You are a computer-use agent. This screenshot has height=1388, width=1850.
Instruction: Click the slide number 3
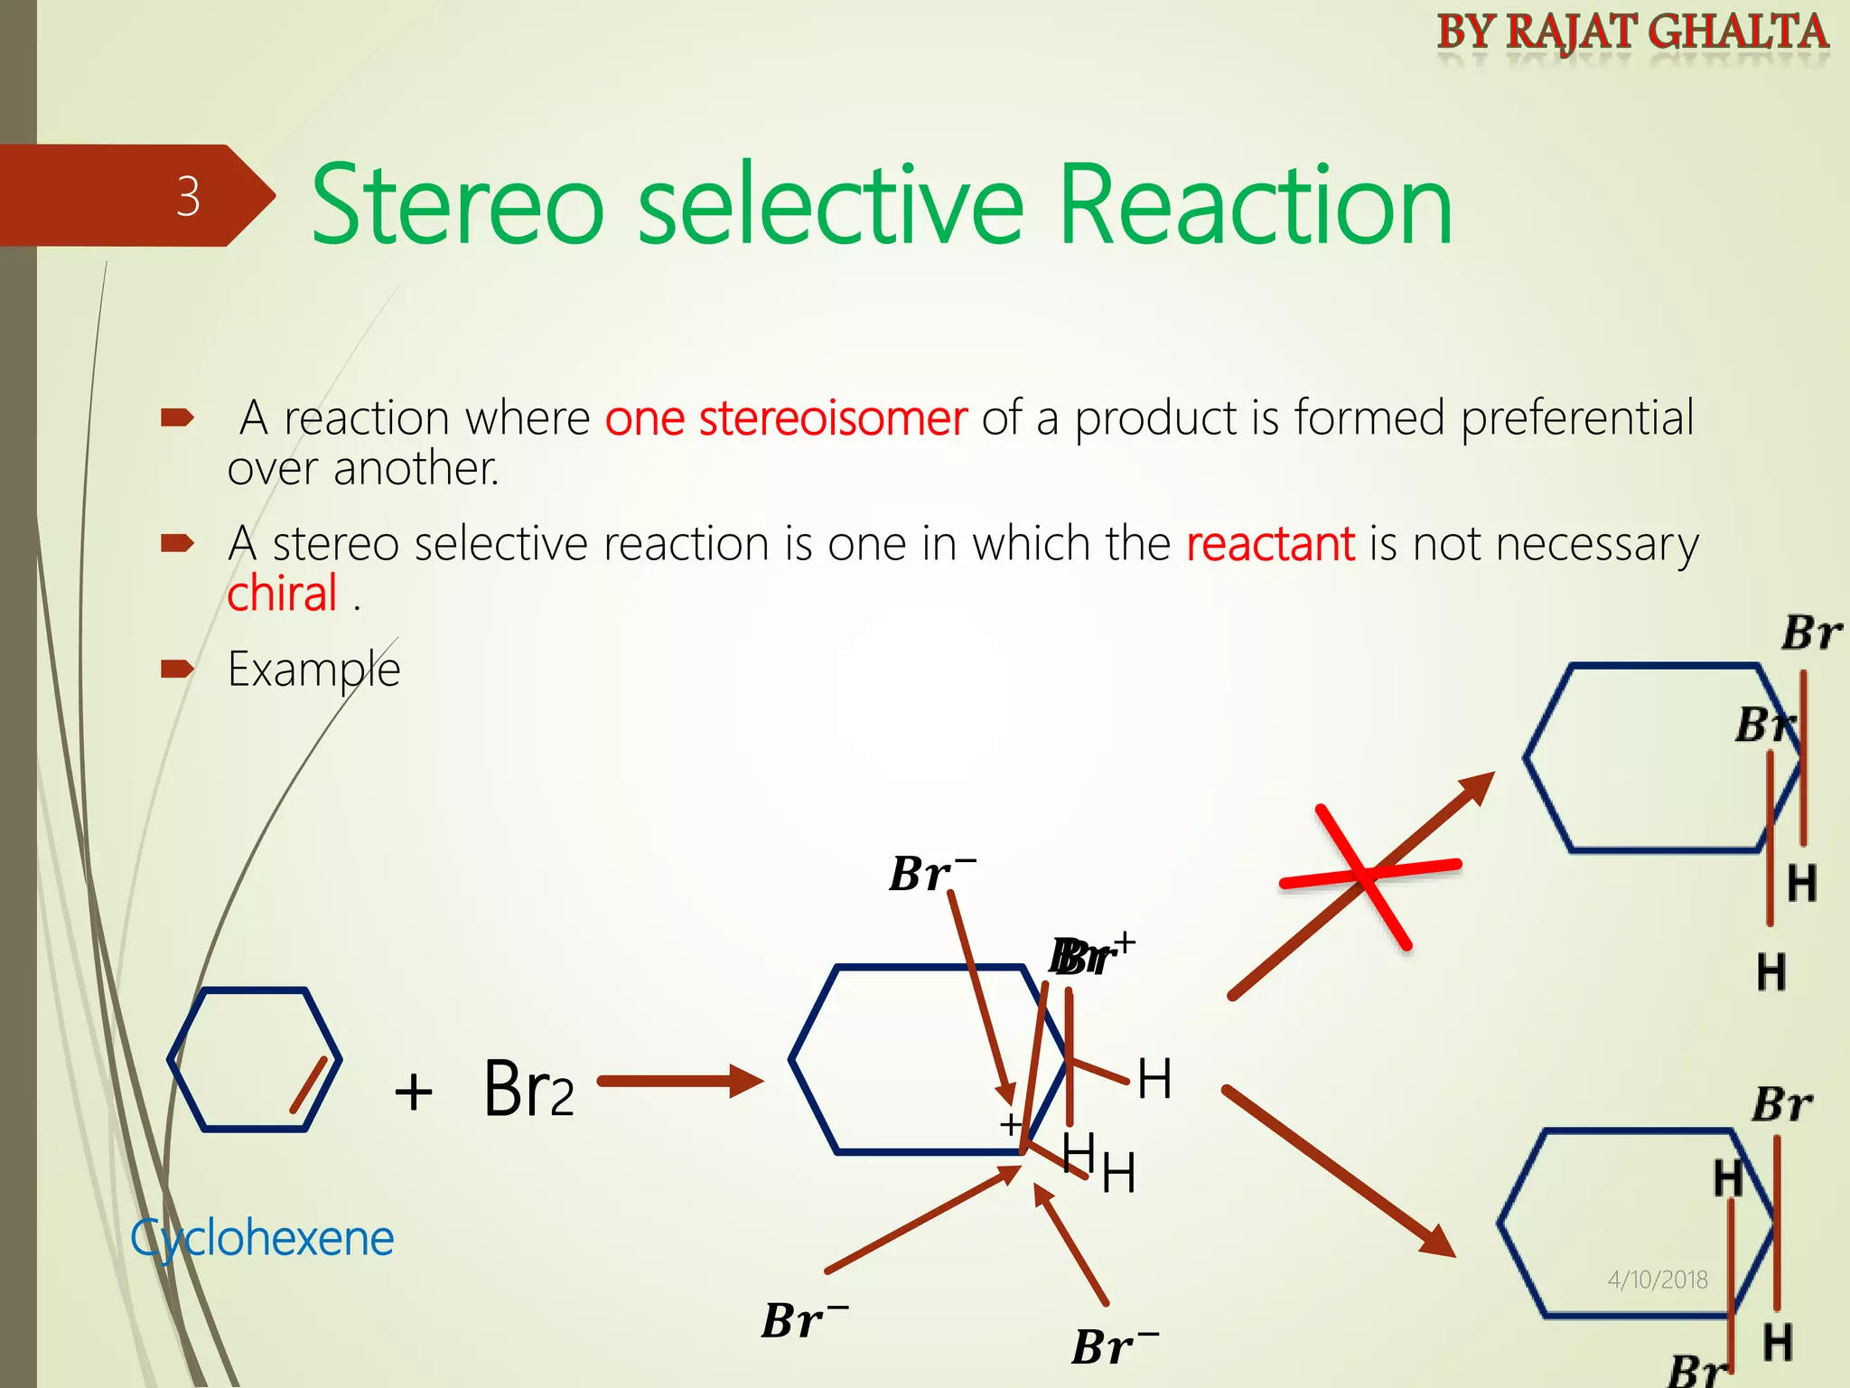pyautogui.click(x=188, y=196)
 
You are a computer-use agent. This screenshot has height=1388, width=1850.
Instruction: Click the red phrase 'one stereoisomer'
pyautogui.click(x=786, y=418)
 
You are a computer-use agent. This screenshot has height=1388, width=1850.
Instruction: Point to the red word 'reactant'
pyautogui.click(x=1270, y=544)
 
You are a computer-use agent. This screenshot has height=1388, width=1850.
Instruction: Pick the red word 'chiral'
pyautogui.click(x=282, y=595)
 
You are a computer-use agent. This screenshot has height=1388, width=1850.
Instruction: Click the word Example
pyautogui.click(x=313, y=670)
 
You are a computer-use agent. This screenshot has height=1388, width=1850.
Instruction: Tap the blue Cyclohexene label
pyautogui.click(x=262, y=1238)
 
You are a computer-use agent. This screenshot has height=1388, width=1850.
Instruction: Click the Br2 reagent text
pyautogui.click(x=528, y=1090)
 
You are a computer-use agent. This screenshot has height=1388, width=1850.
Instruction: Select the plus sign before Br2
pyautogui.click(x=414, y=1091)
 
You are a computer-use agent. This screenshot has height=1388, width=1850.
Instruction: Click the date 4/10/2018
pyautogui.click(x=1658, y=1280)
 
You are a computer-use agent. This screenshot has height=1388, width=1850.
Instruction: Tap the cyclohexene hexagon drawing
pyautogui.click(x=255, y=1059)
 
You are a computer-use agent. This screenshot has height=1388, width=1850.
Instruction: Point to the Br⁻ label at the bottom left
pyautogui.click(x=803, y=1320)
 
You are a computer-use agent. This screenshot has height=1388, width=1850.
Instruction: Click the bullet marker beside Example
pyautogui.click(x=177, y=670)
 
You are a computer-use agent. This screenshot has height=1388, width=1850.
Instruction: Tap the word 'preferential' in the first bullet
pyautogui.click(x=1576, y=418)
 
